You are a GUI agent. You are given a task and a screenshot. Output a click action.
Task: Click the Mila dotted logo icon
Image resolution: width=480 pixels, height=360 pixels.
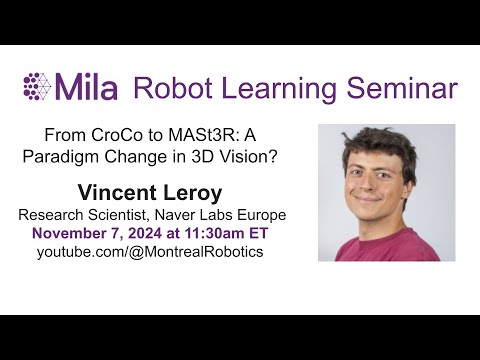[39, 86]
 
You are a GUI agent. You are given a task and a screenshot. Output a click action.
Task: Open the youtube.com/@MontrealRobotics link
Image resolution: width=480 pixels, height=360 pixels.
[150, 252]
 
